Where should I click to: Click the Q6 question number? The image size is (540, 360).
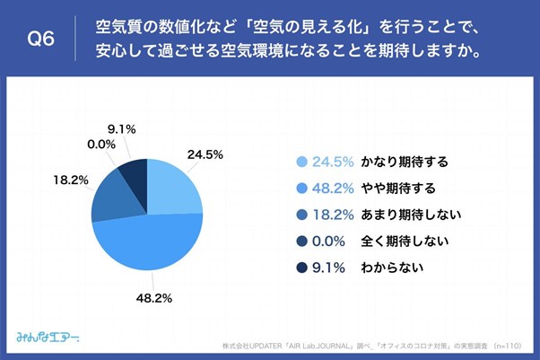tap(42, 39)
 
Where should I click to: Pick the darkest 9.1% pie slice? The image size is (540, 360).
tap(135, 173)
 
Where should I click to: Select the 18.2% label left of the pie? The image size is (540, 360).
tap(70, 180)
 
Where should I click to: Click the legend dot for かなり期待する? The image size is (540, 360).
tap(300, 162)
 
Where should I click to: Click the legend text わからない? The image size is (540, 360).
tap(392, 267)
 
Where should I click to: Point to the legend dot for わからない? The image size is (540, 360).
tap(300, 267)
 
